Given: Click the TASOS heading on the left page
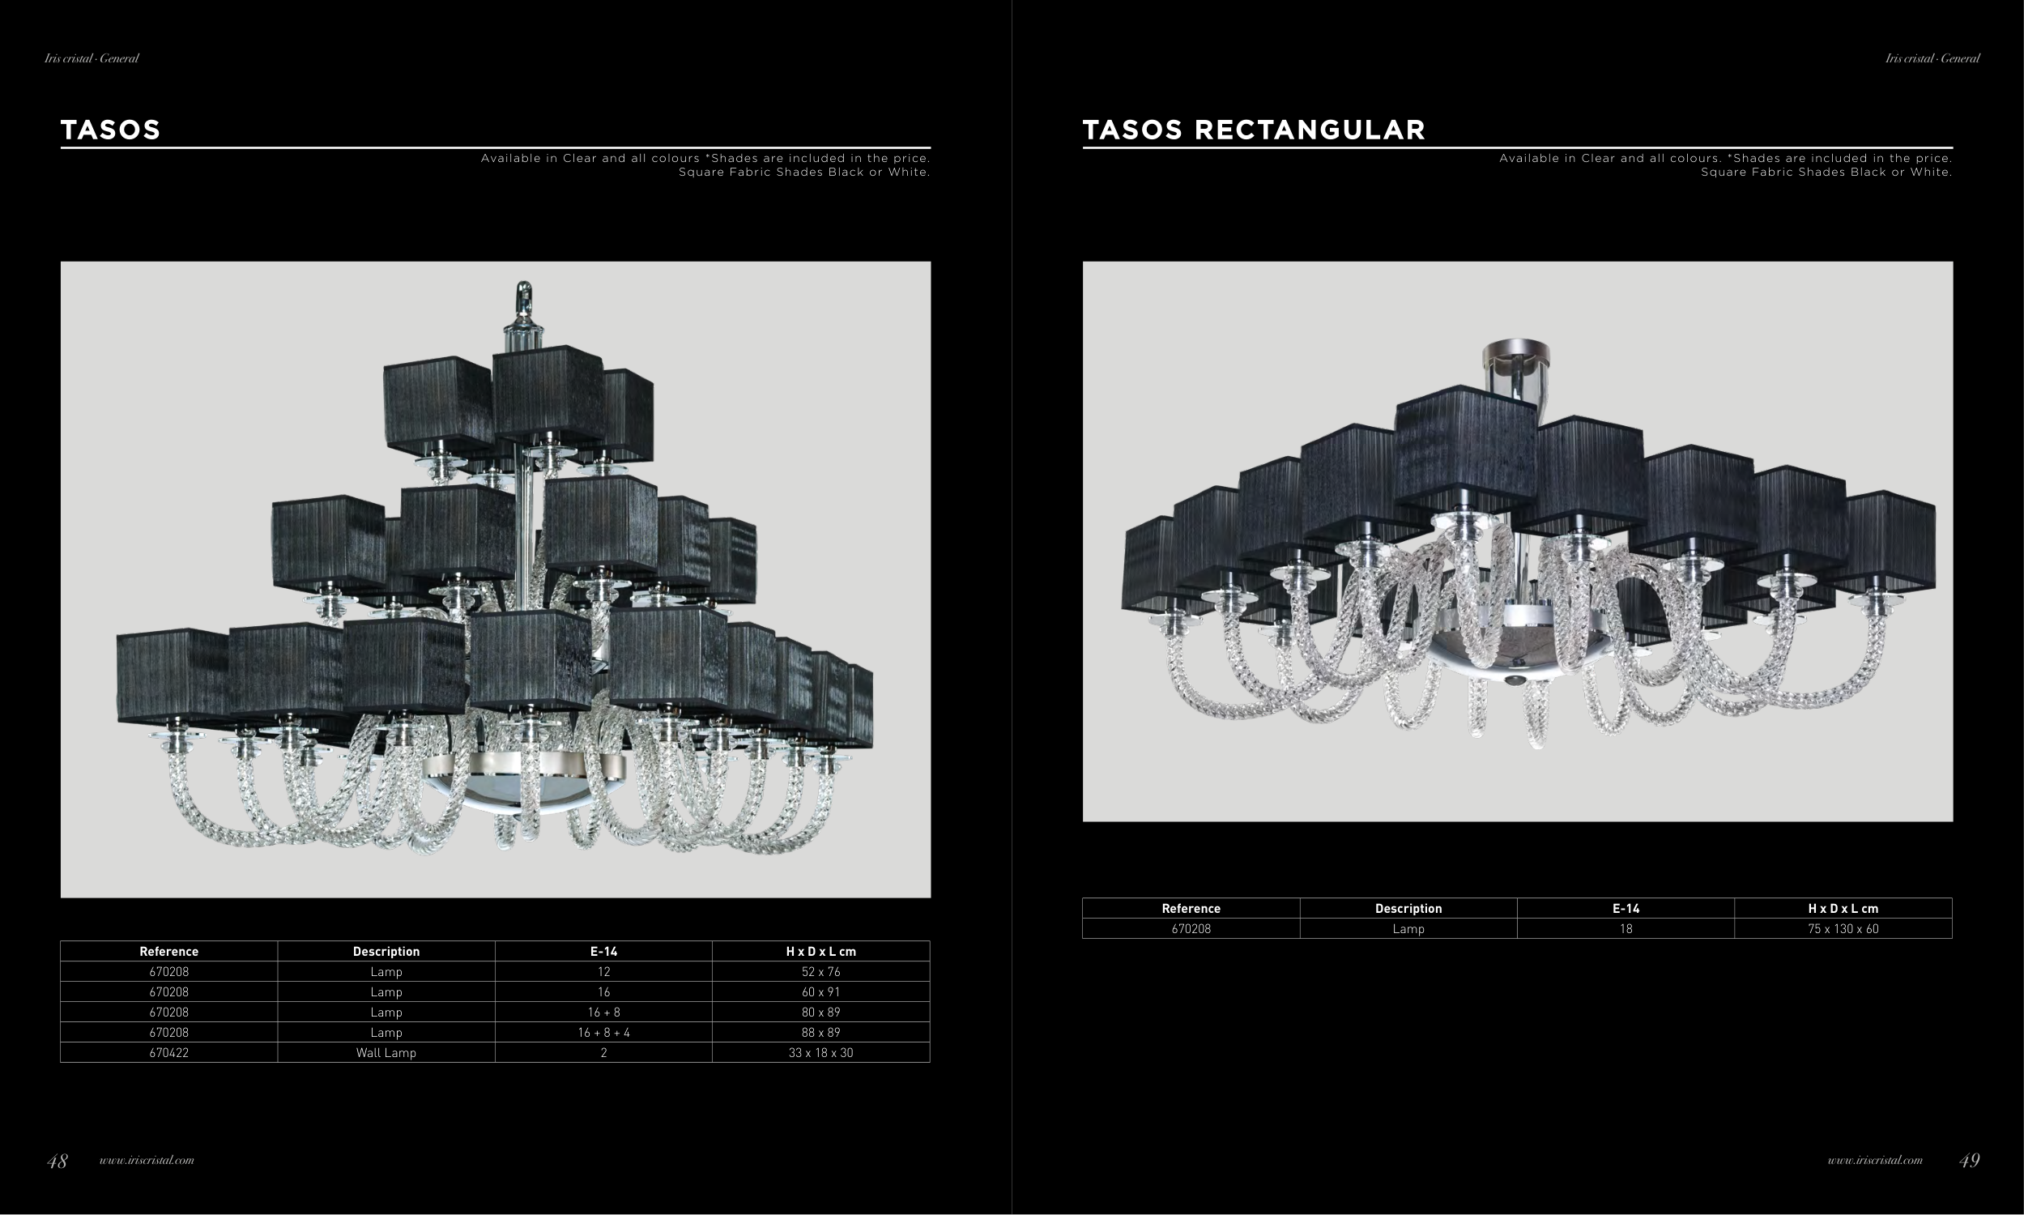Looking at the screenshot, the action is tap(110, 130).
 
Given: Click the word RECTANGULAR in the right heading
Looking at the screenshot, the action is tap(1310, 130).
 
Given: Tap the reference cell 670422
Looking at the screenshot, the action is tap(168, 1053).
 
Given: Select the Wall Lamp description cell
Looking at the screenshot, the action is tap(386, 1053).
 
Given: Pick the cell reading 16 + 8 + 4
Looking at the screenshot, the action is tap(604, 1033).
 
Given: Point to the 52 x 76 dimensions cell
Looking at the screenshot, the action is tap(821, 972).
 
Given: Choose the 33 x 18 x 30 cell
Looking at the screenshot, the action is tap(821, 1053).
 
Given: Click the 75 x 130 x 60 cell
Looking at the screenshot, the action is tap(1843, 929).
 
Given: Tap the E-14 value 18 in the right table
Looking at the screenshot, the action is tap(1626, 929).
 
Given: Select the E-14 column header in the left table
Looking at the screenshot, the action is tap(604, 952).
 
